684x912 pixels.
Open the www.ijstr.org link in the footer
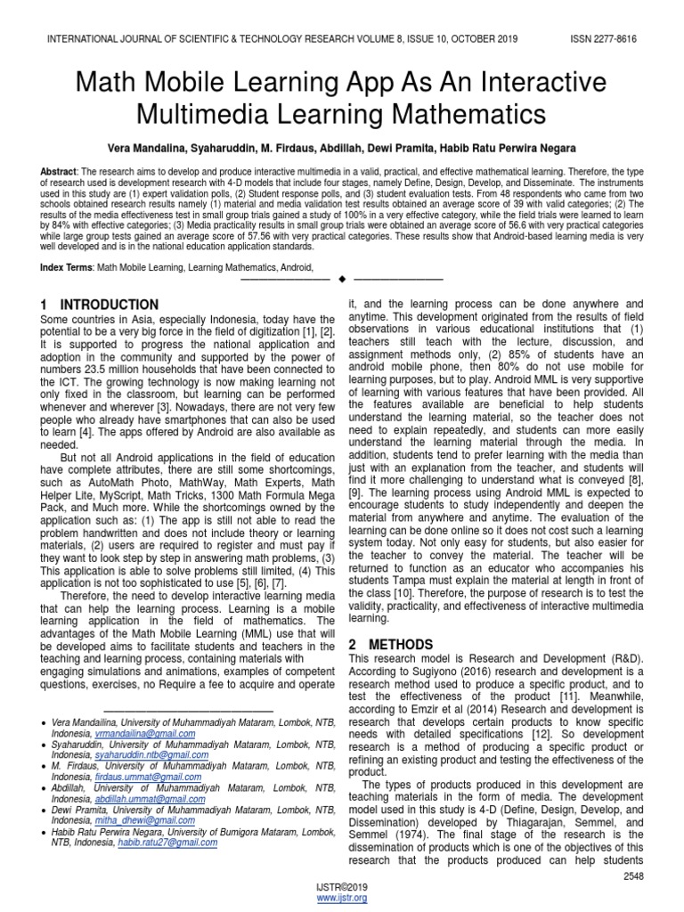[342, 898]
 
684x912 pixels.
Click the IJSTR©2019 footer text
[342, 887]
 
